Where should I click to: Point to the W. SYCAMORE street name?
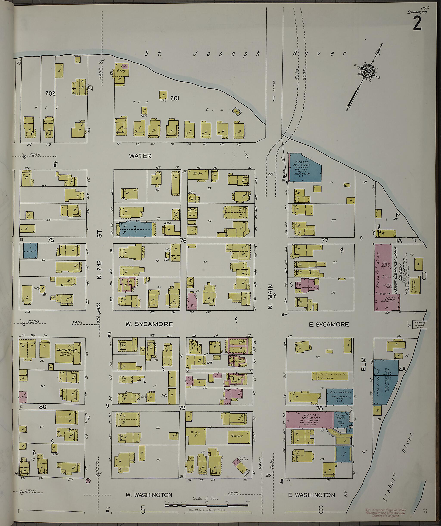(x=149, y=324)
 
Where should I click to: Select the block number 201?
(x=175, y=98)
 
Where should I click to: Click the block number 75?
(x=51, y=240)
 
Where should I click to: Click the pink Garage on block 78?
(x=309, y=419)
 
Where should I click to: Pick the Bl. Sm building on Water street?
(x=198, y=174)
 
